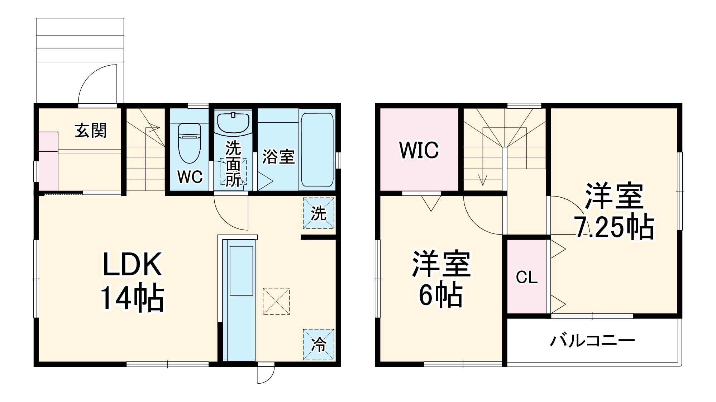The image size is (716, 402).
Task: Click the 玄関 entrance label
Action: [x=91, y=131]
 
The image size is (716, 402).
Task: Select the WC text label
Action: [x=190, y=176]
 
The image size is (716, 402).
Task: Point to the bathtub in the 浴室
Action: [x=317, y=150]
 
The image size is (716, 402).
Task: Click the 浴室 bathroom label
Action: [x=278, y=156]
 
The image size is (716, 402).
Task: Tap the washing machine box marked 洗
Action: [x=319, y=213]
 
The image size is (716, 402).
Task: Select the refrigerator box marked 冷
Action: [x=319, y=345]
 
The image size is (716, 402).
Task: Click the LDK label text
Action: [x=133, y=265]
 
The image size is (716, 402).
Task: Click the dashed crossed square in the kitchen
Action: [x=276, y=301]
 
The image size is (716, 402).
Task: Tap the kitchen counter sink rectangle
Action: [x=241, y=271]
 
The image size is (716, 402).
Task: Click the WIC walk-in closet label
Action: [x=419, y=150]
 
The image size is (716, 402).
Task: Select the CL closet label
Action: [x=527, y=277]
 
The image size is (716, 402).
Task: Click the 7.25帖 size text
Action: [x=614, y=227]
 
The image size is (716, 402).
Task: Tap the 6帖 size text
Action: [x=440, y=296]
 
